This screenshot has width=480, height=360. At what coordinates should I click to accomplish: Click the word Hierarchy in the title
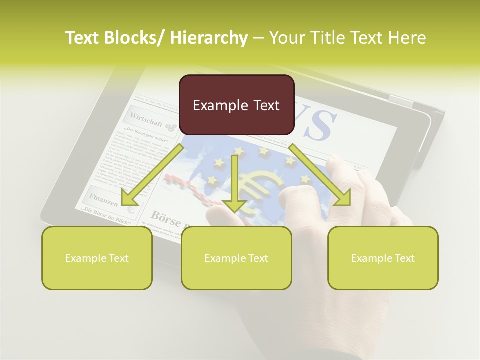209,38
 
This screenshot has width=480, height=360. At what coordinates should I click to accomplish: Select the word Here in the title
407,38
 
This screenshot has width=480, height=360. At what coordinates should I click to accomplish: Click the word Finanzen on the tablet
104,200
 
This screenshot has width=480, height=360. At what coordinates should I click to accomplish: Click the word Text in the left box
119,258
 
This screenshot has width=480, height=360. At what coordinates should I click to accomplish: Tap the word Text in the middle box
258,258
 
